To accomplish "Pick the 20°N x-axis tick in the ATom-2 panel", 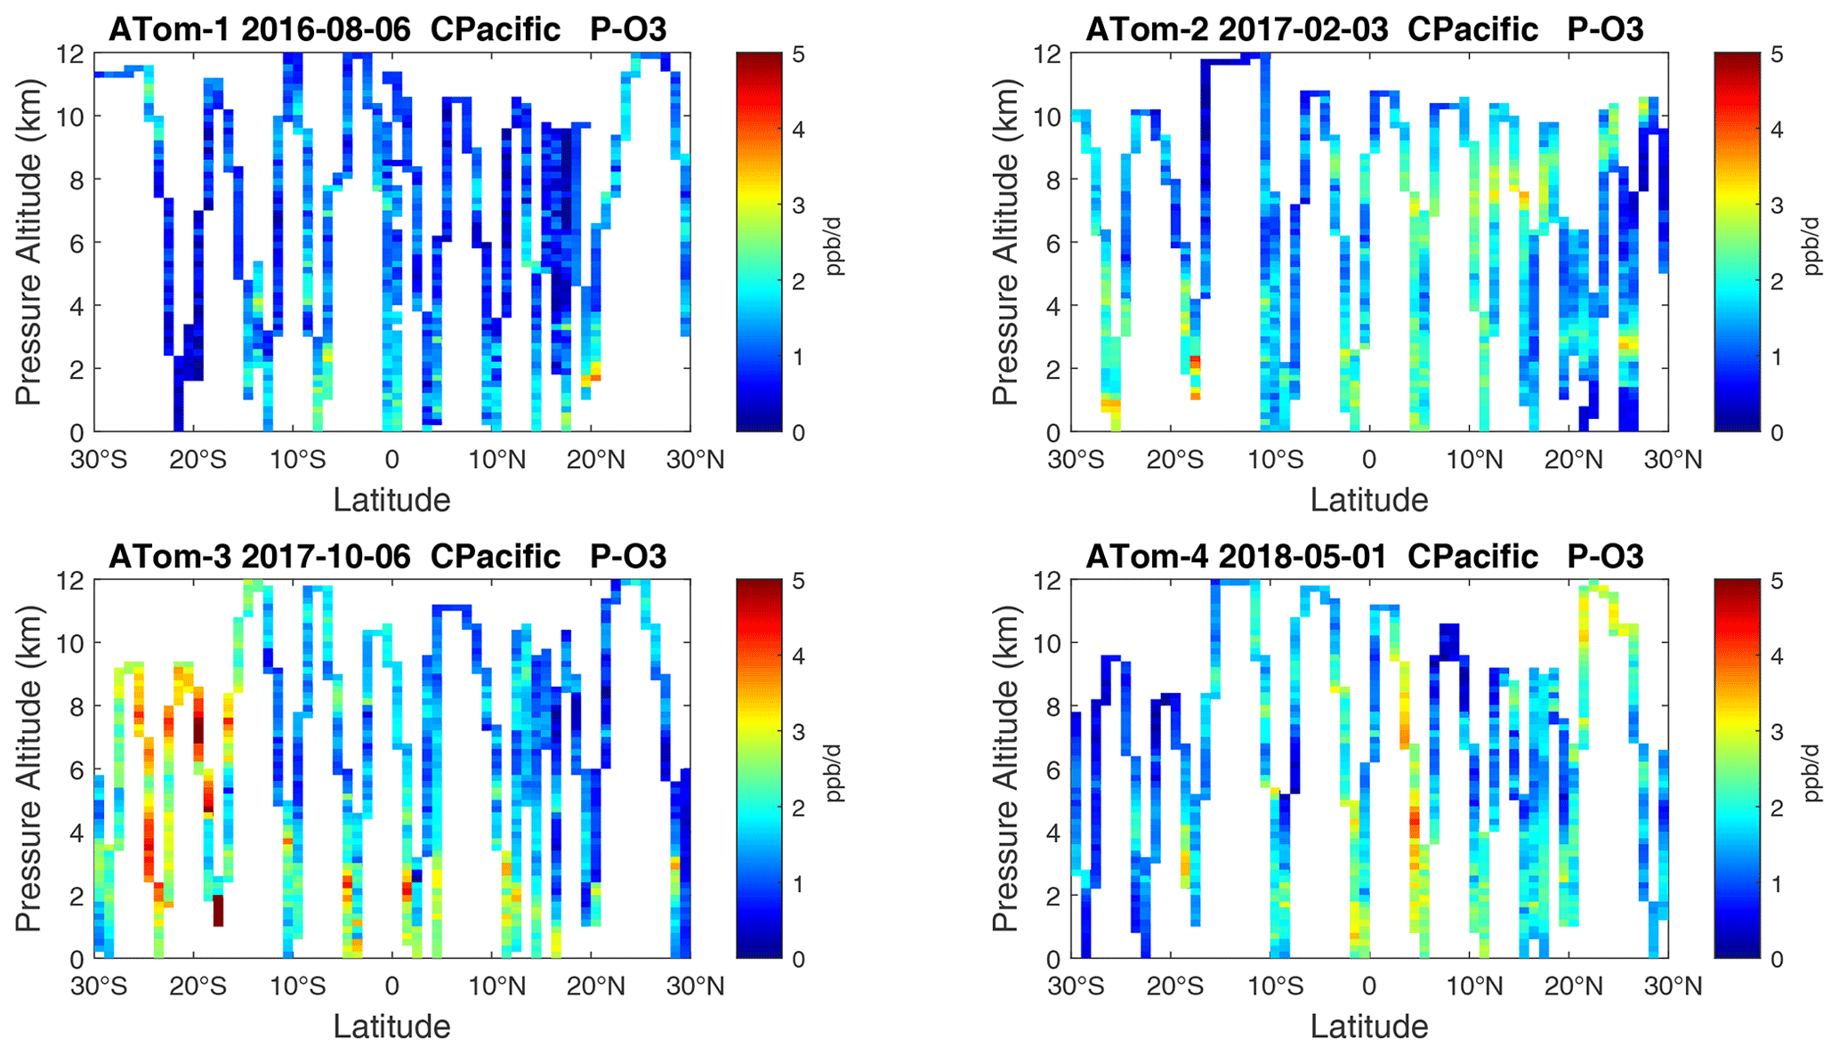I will tap(1574, 460).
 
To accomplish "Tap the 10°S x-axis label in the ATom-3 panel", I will tap(297, 986).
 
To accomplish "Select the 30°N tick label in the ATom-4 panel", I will tap(1673, 986).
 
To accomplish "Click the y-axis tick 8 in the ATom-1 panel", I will tap(77, 180).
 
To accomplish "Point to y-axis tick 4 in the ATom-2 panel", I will tap(1053, 306).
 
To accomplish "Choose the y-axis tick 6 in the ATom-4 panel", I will tap(1053, 770).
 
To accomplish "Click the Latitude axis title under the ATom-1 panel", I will tap(391, 500).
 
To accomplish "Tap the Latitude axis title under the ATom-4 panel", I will tap(1368, 1026).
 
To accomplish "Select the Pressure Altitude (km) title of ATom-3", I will tap(28, 768).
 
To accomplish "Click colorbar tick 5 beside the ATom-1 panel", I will tap(798, 55).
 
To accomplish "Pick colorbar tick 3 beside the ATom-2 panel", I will tap(1776, 205).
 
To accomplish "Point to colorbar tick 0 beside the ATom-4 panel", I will tap(1776, 960).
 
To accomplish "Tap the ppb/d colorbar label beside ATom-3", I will tap(834, 774).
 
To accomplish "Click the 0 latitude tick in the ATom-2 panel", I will tap(1368, 460).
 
